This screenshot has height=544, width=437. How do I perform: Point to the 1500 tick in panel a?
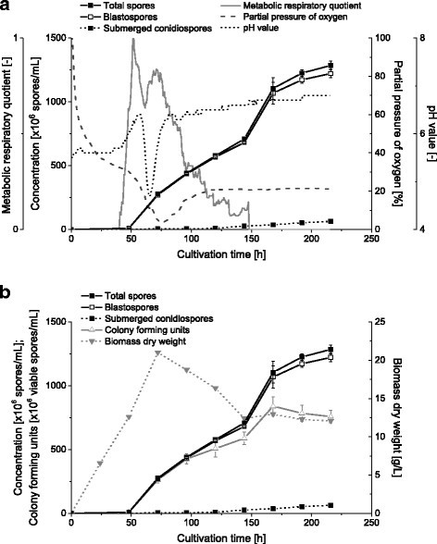pos(56,39)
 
